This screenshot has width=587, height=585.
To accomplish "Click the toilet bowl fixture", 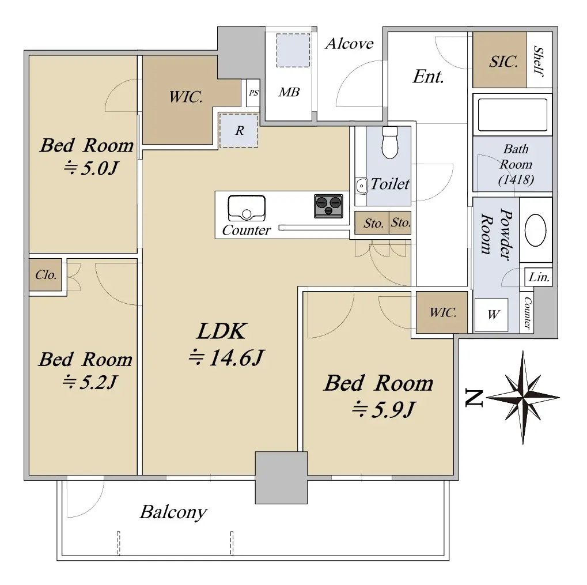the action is pos(390,143).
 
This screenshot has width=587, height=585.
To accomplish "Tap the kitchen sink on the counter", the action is pos(247,208).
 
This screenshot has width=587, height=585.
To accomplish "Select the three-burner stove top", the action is pos(328,206).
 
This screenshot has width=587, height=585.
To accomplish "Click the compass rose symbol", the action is pos(522,398).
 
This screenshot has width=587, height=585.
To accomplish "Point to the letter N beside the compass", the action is pos(474,398).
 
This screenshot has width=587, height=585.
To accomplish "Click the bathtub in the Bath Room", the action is pos(513,115).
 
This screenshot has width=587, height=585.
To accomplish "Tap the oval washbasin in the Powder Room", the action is pos(535,230).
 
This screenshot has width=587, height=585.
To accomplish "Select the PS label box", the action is pos(253,93).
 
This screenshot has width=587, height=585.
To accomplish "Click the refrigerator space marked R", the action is pos(239,130).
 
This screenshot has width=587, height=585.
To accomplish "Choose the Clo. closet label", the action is pos(46,275).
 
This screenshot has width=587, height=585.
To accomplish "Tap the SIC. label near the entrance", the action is pos(503,62).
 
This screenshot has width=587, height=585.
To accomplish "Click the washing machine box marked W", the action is pos(491,315).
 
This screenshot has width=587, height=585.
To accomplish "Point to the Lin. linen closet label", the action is pos(539,277).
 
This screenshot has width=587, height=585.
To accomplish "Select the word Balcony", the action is pos(173,512).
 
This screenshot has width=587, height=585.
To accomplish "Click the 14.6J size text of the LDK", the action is pos(226,357).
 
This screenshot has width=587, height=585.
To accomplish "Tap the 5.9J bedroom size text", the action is pos(384,409).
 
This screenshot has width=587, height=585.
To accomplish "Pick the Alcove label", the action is pos(349,44).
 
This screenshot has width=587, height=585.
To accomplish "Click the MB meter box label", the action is pos(289,92).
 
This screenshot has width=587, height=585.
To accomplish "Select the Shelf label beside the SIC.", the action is pos(539,61).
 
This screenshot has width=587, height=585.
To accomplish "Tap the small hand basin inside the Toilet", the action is pos(361,186).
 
